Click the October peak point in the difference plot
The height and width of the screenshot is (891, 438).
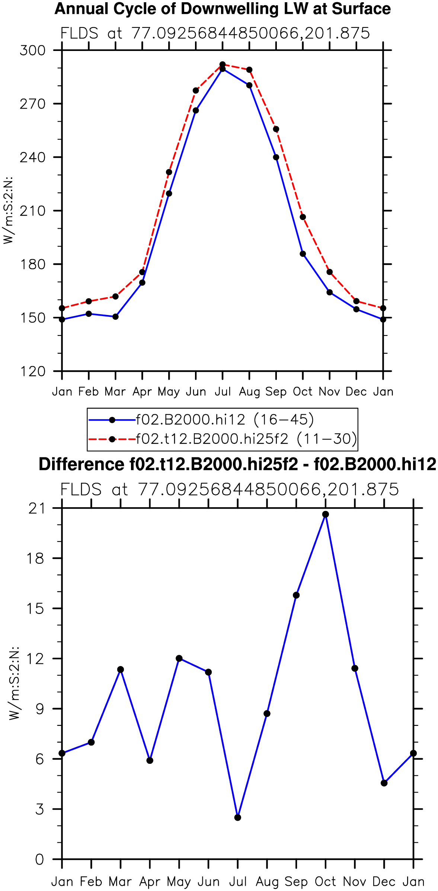326,514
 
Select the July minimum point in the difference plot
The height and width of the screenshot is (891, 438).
238,817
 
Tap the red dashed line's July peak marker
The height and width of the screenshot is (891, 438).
223,64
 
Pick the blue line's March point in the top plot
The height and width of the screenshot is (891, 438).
115,317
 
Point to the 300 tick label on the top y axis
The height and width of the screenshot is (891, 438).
32,50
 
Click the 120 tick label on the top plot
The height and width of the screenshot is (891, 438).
32,371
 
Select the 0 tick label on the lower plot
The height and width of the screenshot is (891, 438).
39,859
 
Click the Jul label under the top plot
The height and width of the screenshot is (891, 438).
223,392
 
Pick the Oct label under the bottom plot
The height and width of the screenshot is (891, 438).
326,881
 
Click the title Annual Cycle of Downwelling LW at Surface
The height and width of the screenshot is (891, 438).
223,9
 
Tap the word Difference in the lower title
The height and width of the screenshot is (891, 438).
81,464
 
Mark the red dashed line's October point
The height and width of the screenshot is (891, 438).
303,217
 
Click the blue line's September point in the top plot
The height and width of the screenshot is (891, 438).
276,157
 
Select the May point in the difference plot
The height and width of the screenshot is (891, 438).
179,658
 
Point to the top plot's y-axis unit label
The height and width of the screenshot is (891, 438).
8,210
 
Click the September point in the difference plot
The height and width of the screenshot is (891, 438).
296,595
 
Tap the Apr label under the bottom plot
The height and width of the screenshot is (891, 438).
150,882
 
